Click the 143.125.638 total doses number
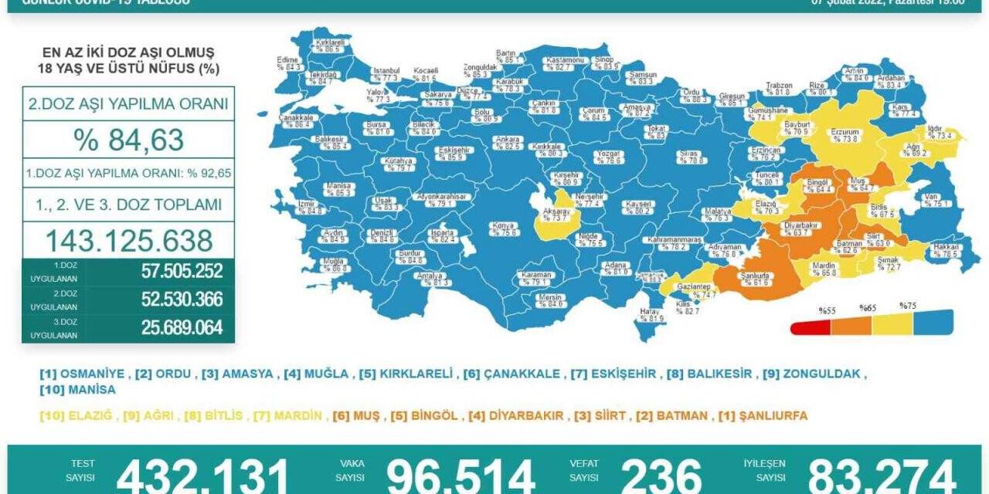(x=128, y=241)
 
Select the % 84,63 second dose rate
(x=128, y=140)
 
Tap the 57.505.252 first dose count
(x=182, y=272)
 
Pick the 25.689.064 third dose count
(x=182, y=328)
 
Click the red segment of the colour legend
(x=811, y=327)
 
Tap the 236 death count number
(x=661, y=475)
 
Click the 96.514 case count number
(x=461, y=475)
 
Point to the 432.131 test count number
(x=202, y=475)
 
